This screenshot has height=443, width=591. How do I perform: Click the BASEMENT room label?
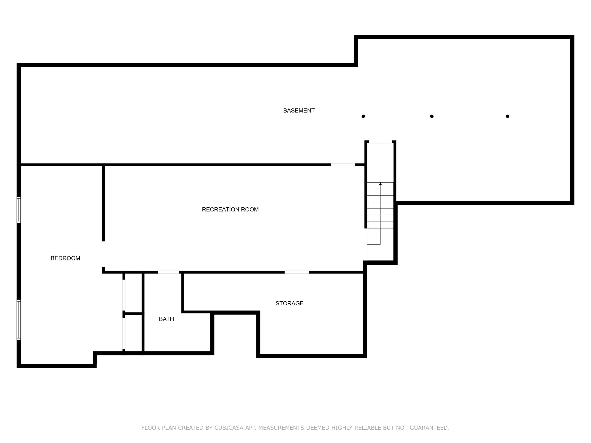click(299, 110)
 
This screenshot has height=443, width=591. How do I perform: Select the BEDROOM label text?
click(65, 258)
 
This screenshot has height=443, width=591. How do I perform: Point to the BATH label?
click(166, 319)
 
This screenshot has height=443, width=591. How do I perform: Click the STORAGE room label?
click(289, 303)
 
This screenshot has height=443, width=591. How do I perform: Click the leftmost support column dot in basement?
click(363, 116)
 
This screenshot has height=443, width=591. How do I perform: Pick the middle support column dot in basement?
click(432, 116)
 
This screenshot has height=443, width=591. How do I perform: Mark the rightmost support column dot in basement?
click(507, 116)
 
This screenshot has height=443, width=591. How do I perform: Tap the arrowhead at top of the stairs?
click(380, 184)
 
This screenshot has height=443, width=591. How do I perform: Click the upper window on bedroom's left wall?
click(19, 210)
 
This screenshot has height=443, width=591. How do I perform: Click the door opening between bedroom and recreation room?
click(103, 254)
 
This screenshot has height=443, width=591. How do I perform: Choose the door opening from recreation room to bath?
click(168, 272)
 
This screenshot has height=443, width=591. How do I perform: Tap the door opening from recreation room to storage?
click(296, 272)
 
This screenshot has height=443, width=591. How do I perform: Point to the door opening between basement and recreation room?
click(343, 165)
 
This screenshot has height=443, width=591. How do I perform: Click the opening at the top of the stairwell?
click(380, 142)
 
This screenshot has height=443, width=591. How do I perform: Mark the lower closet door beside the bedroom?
click(124, 333)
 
